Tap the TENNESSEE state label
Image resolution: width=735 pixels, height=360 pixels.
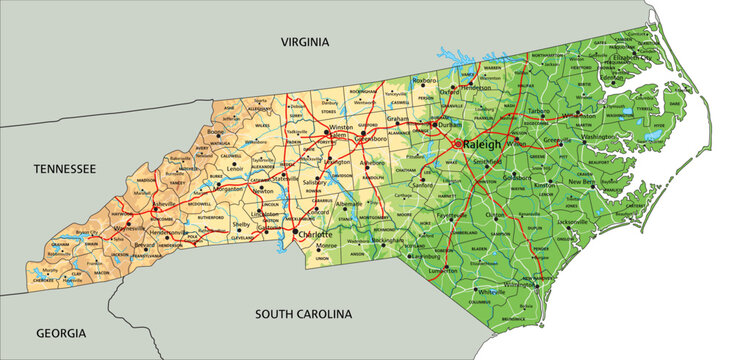point(65,170)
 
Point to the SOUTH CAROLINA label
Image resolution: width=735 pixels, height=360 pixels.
point(303,314)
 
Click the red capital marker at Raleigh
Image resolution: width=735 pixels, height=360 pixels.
point(459,144)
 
